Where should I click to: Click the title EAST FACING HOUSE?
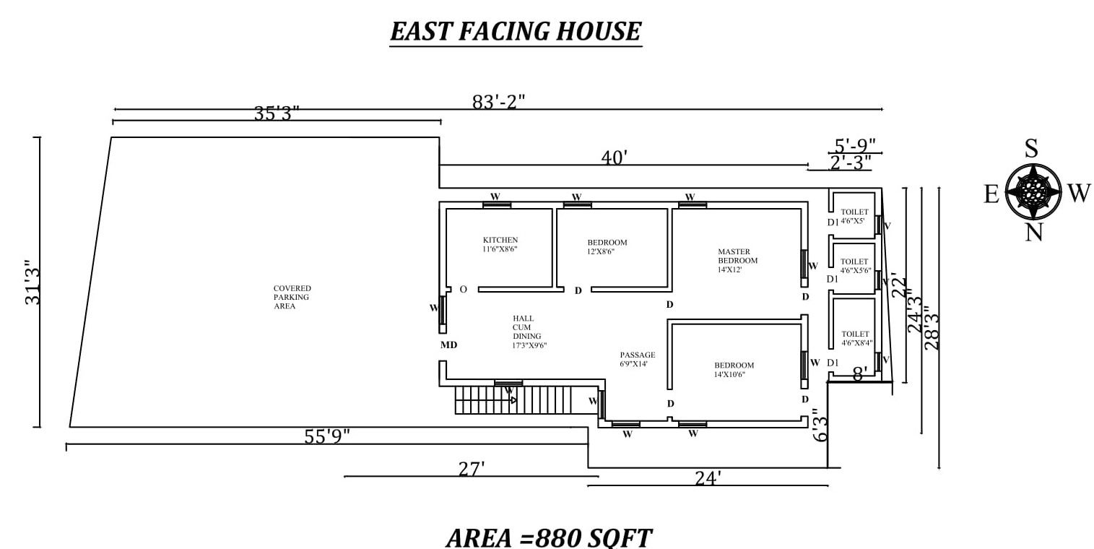tap(516, 32)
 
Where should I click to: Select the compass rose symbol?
tap(1033, 192)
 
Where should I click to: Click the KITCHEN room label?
tap(500, 244)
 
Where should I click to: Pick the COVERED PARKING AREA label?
tap(292, 297)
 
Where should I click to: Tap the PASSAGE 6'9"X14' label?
tap(638, 359)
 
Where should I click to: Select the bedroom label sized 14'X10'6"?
tap(734, 370)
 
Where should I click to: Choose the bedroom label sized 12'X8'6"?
tap(607, 247)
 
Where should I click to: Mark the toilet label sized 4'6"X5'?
tap(854, 216)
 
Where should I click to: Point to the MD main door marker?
tap(448, 345)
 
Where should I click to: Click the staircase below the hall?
tap(513, 399)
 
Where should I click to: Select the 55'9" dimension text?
tap(326, 436)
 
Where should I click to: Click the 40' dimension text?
tap(615, 157)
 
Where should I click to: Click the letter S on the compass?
tap(1031, 149)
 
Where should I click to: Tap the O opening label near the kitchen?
tap(463, 290)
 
